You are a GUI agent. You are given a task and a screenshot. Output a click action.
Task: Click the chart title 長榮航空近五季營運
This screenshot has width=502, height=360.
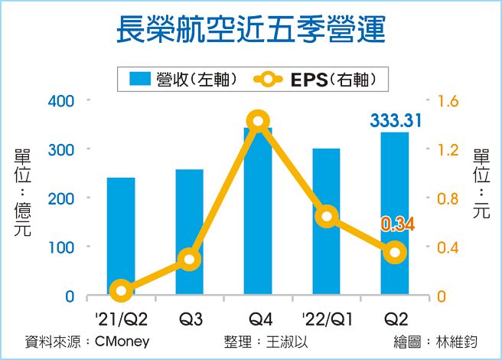(x=250, y=30)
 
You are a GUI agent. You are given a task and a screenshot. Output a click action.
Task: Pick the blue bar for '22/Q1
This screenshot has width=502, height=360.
(x=327, y=222)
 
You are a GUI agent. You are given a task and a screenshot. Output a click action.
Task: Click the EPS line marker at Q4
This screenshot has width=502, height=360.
(x=258, y=121)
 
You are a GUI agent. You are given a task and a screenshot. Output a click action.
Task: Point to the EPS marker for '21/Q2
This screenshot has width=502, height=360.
(x=121, y=290)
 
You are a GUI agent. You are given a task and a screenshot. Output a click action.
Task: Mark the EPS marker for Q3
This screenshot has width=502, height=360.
(x=190, y=260)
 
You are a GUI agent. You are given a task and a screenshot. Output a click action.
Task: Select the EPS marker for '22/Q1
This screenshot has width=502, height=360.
(x=327, y=216)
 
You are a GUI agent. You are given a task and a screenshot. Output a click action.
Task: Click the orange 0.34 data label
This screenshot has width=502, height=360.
(x=397, y=224)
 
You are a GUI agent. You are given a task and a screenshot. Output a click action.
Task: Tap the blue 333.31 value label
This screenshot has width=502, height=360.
(x=396, y=120)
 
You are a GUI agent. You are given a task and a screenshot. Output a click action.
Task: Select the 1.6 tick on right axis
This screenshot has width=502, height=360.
(x=447, y=100)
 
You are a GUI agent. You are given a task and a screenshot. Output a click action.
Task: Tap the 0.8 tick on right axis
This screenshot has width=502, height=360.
(x=447, y=198)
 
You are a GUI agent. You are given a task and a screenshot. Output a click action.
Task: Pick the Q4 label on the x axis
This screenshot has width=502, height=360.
(x=258, y=317)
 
